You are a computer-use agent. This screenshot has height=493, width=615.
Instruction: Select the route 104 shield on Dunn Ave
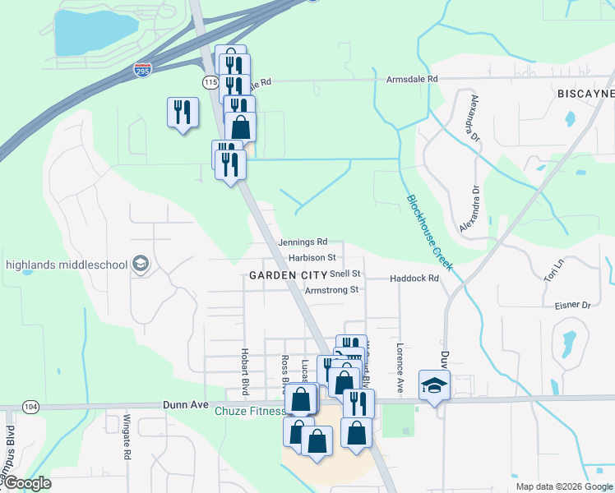coord(31,407)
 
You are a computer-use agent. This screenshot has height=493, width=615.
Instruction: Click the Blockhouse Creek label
coord(428,233)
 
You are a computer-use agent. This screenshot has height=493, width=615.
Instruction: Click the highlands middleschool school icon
coord(140,264)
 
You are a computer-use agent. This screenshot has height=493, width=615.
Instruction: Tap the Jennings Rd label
coord(303,242)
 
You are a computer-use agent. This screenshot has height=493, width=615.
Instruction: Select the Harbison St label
coord(312,257)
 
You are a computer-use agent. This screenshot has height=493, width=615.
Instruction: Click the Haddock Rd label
coord(414,279)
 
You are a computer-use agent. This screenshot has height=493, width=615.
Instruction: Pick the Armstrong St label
coord(331,290)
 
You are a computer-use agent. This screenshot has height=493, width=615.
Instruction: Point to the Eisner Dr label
coord(573,305)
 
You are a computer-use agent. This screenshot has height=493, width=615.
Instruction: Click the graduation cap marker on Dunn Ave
coord(434,385)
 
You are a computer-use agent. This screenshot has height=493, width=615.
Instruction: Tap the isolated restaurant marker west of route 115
coord(183,112)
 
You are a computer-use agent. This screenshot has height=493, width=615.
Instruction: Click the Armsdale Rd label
coord(413,79)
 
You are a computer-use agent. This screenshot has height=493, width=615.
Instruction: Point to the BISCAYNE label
coord(585,94)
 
